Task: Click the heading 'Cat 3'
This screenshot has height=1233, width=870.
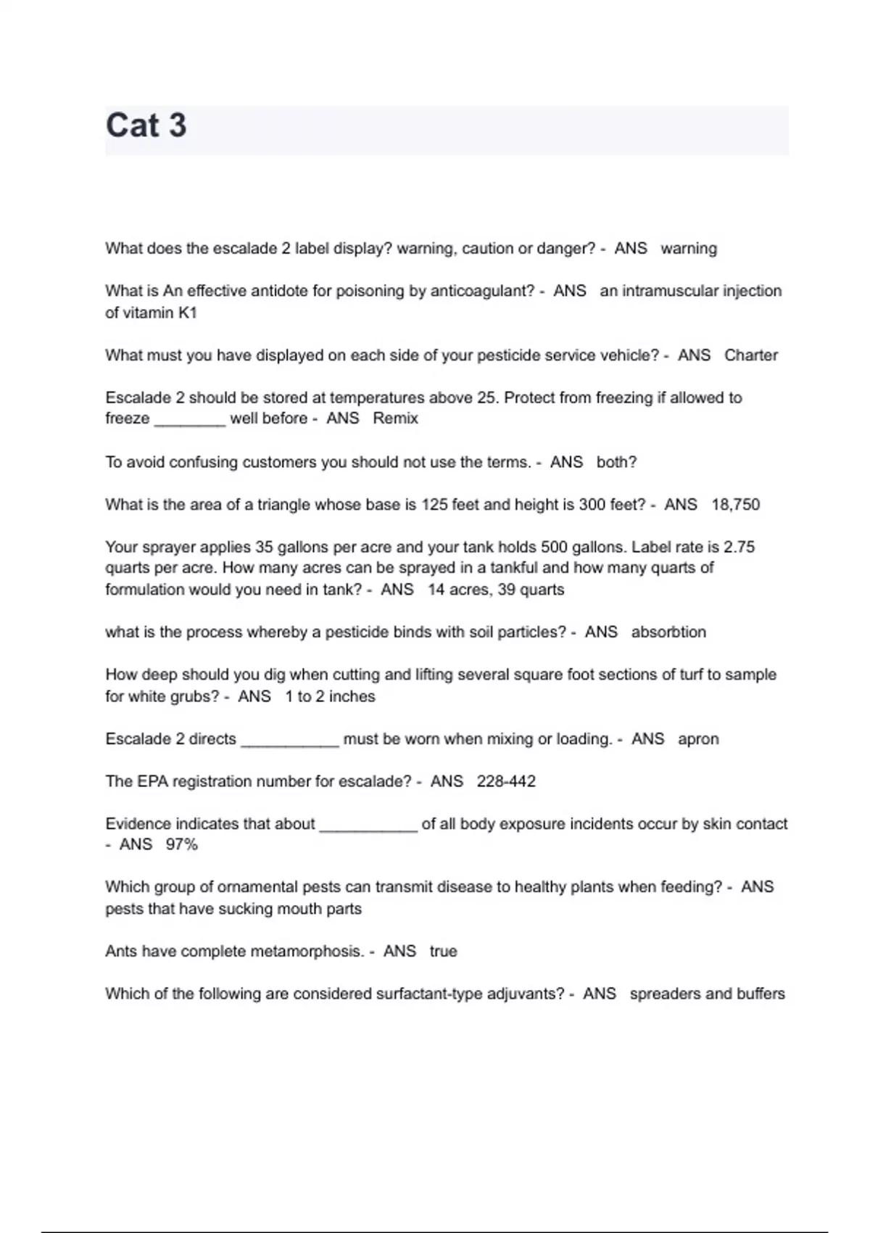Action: [x=146, y=125]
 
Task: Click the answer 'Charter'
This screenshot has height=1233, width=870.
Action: [x=751, y=355]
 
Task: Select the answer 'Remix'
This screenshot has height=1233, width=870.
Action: [x=395, y=418]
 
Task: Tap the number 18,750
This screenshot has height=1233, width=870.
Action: [x=736, y=505]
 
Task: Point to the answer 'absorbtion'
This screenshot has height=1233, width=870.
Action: [x=668, y=632]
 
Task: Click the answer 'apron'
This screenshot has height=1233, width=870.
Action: [x=698, y=739]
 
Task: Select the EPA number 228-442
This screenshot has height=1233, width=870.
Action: [x=506, y=782]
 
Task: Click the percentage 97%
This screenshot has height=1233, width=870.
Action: [x=181, y=845]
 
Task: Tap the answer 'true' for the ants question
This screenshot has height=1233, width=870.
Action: [x=443, y=952]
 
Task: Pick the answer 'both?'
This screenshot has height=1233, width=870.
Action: [x=616, y=463]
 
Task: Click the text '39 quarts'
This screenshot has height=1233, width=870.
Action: [x=531, y=590]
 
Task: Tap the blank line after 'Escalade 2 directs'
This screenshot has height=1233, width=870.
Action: [x=289, y=743]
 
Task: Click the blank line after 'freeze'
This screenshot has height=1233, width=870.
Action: [x=190, y=423]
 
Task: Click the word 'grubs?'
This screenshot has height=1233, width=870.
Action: [x=195, y=697]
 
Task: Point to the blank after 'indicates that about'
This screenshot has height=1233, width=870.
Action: [x=368, y=828]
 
